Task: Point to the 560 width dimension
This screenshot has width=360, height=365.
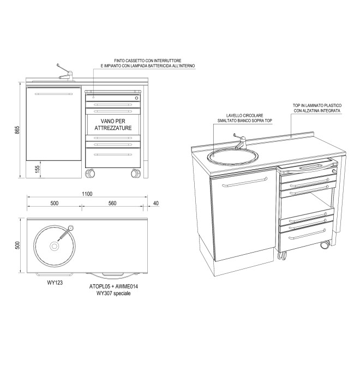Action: [x=112, y=203]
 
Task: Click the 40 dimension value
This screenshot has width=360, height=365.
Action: [x=156, y=203]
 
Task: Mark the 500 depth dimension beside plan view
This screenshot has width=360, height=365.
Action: [x=16, y=245]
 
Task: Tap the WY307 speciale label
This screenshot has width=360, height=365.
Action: [x=113, y=293]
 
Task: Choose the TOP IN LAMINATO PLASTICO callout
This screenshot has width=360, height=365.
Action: [x=317, y=107]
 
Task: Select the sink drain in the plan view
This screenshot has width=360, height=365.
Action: [x=55, y=247]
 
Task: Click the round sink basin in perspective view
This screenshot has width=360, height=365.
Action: [x=231, y=156]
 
